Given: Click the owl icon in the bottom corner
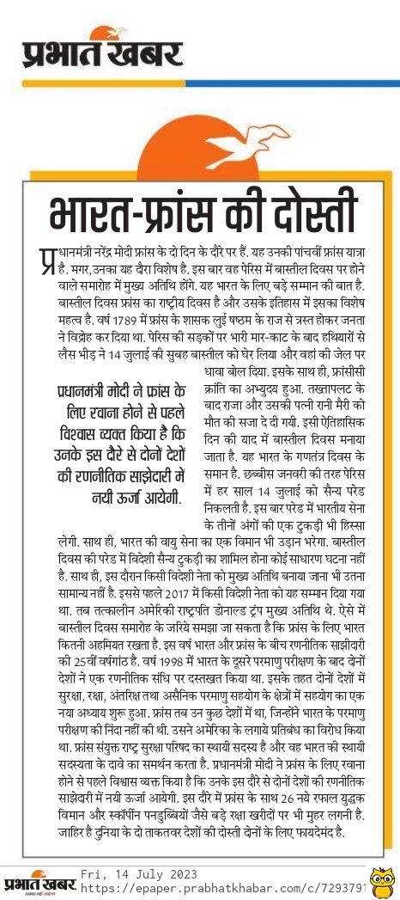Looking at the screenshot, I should click(383, 883).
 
